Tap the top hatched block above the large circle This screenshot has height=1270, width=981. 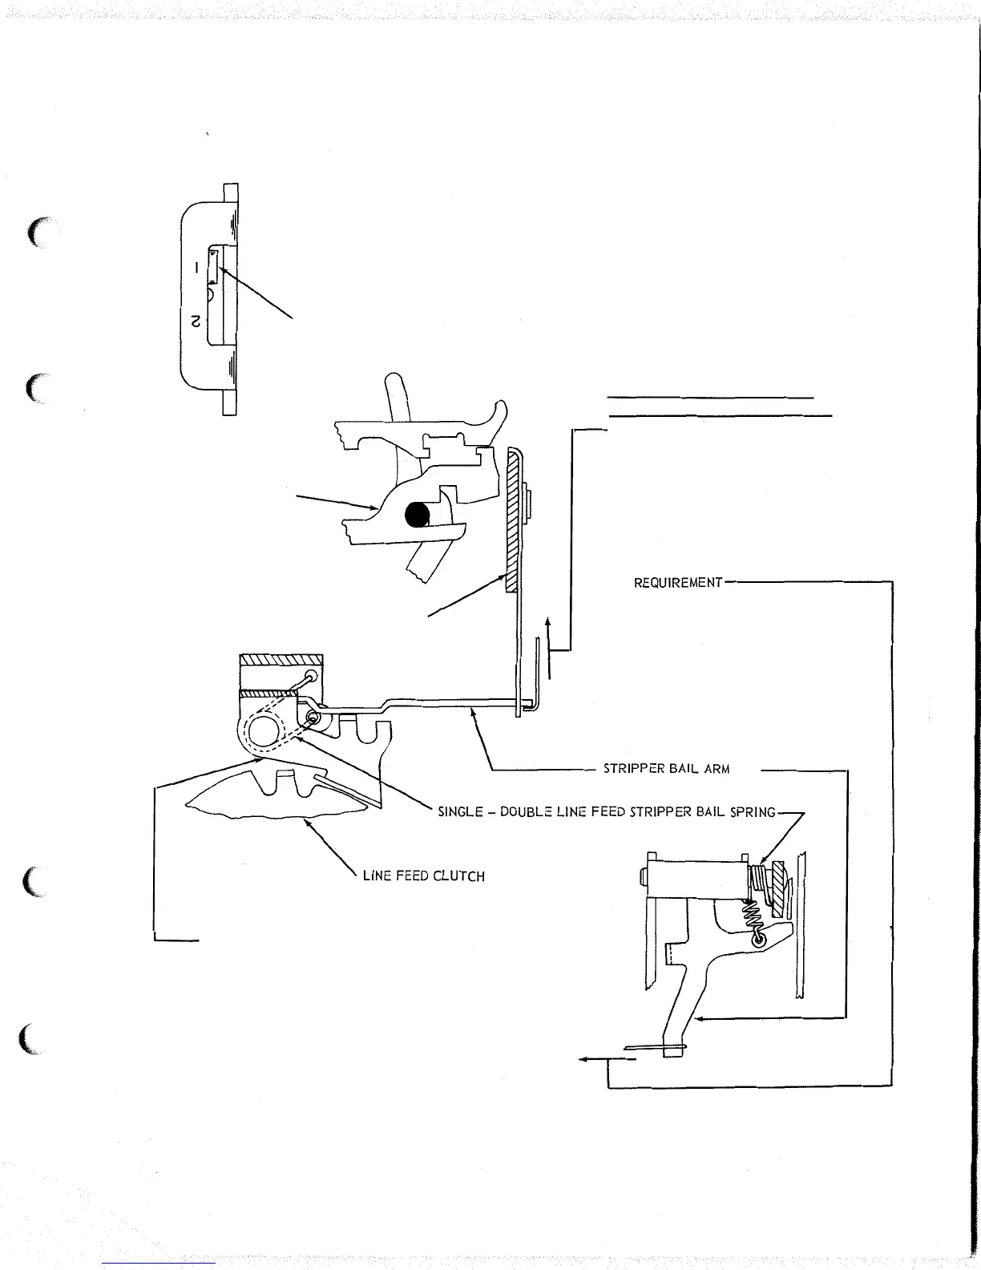click(281, 661)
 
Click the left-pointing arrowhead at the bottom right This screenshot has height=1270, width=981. click(583, 1059)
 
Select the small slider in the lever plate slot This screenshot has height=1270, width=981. click(213, 265)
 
